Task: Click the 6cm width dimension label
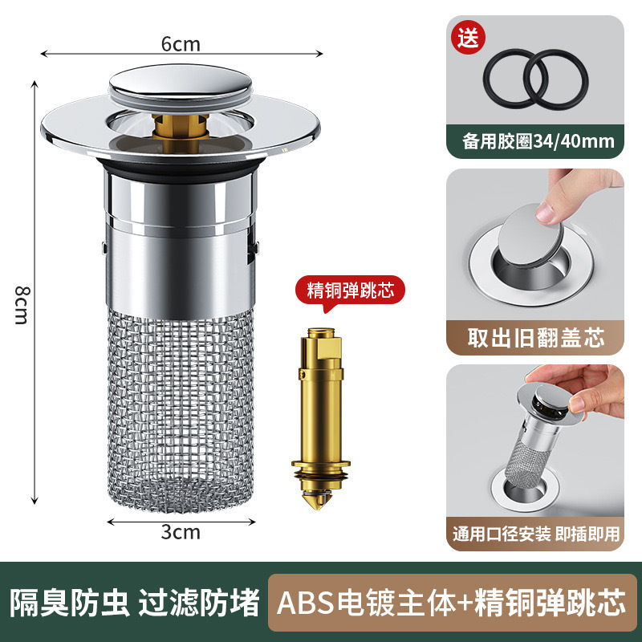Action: coord(181,44)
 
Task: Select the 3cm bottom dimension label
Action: coord(181,531)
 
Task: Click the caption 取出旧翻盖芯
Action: coord(536,338)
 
